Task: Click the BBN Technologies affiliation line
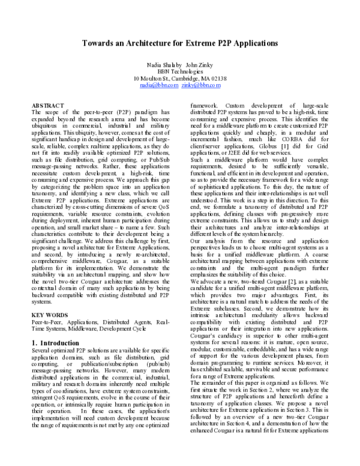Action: pos(180,71)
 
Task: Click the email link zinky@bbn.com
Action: pos(201,86)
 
